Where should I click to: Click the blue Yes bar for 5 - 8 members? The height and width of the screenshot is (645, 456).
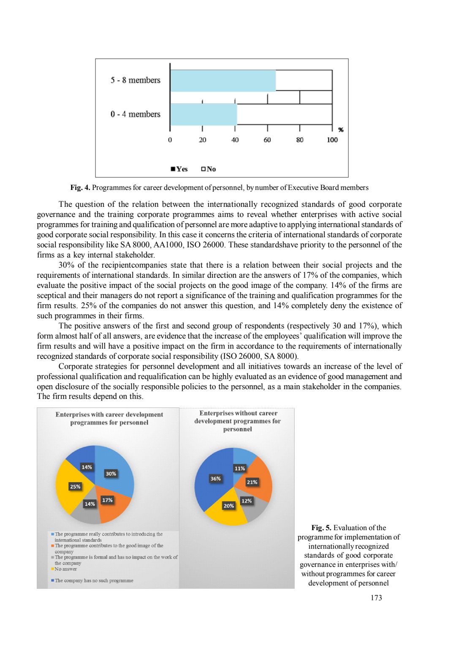click(223, 81)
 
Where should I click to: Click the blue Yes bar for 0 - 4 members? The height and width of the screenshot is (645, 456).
click(204, 114)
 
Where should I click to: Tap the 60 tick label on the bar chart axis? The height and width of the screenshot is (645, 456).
click(267, 140)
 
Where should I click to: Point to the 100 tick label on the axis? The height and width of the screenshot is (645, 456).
click(332, 140)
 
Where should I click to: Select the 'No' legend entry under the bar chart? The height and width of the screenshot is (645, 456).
click(209, 169)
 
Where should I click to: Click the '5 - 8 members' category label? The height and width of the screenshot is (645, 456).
click(136, 80)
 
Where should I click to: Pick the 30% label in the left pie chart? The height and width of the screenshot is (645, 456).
click(111, 474)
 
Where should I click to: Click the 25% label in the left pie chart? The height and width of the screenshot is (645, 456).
click(75, 487)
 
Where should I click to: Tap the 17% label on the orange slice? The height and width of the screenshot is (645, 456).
click(108, 500)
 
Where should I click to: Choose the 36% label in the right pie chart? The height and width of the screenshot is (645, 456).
click(216, 479)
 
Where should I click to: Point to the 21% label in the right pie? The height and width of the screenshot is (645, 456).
click(252, 482)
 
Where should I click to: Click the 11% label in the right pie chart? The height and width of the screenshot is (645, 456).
click(240, 468)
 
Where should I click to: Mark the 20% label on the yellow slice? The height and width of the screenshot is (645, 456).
click(229, 506)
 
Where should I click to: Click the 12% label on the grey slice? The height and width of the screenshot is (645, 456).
click(247, 501)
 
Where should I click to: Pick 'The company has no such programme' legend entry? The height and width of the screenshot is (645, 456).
click(94, 581)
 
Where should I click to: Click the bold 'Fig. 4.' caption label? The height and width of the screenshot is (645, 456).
click(80, 188)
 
